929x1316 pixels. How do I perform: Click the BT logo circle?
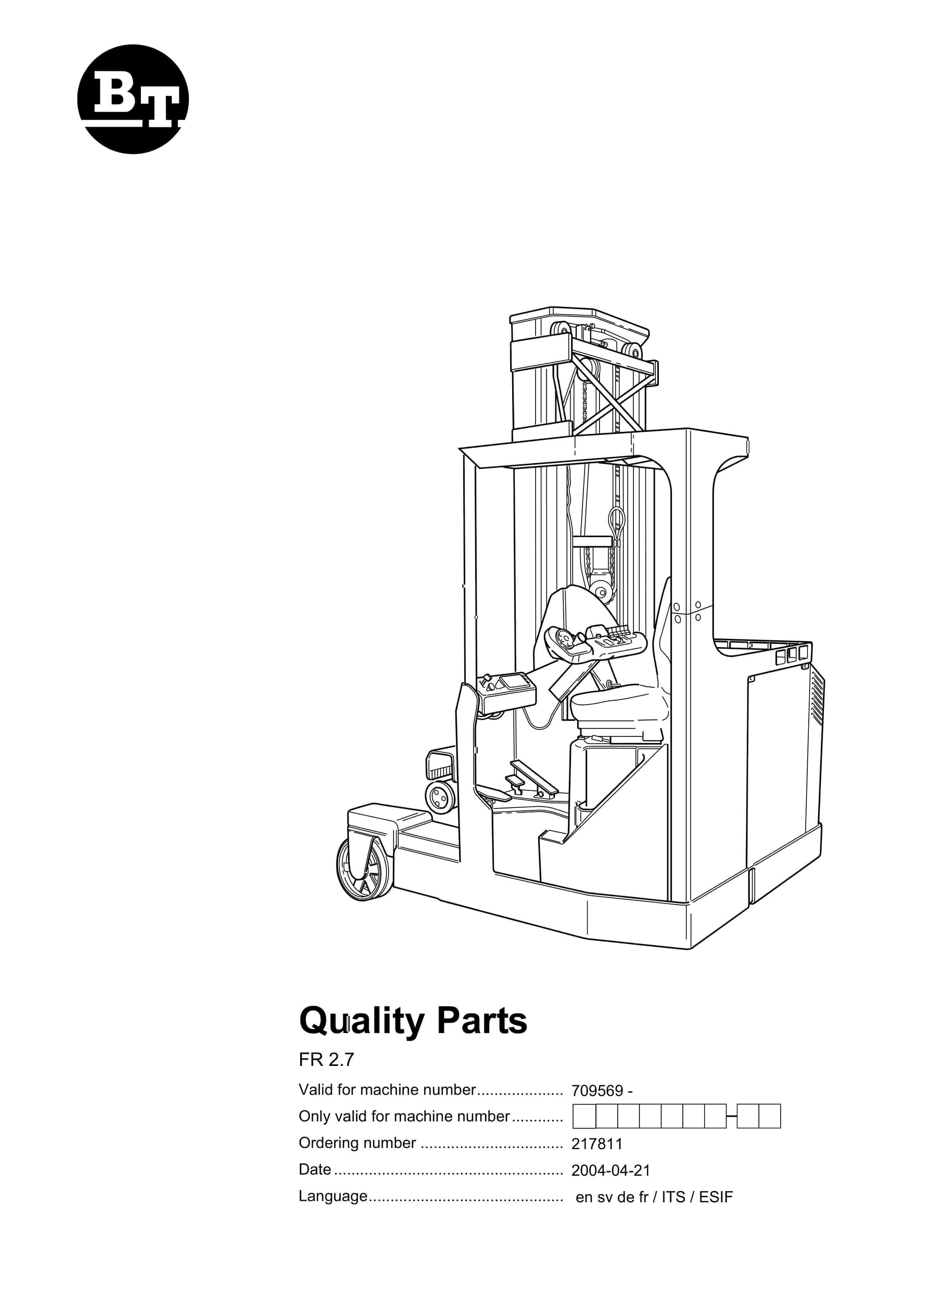[x=133, y=99]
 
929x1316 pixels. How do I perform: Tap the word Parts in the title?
[x=482, y=1021]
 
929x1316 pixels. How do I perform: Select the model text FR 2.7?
[x=326, y=1060]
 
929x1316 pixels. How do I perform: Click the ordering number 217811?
[x=596, y=1144]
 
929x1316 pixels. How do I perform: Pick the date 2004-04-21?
[x=610, y=1170]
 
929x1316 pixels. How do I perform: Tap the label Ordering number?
[x=357, y=1143]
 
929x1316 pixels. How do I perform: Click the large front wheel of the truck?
[x=363, y=869]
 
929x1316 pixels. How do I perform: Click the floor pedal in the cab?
[x=533, y=777]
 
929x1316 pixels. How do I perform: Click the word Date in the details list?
[x=315, y=1169]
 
